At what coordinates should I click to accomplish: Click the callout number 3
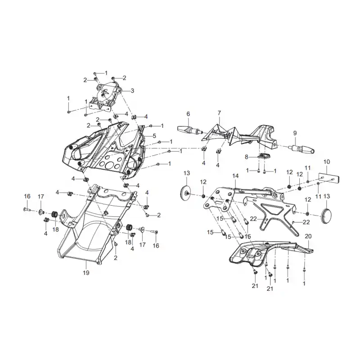click(132, 91)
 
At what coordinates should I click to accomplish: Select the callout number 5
click(154, 136)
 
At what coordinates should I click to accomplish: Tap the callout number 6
click(188, 114)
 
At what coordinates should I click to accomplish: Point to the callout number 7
click(219, 113)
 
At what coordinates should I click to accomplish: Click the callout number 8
click(246, 157)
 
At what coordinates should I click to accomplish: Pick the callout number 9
click(295, 133)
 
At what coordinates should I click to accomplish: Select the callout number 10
click(327, 162)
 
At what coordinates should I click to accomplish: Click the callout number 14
click(235, 176)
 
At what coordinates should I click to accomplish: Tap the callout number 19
click(86, 273)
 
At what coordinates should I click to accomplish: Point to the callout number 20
click(308, 236)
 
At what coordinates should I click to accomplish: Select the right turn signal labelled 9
click(301, 149)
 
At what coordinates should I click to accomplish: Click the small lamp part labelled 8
click(263, 155)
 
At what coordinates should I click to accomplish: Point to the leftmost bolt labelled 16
click(27, 209)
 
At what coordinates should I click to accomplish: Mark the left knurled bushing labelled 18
click(54, 214)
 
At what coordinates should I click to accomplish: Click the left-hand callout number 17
click(41, 197)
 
